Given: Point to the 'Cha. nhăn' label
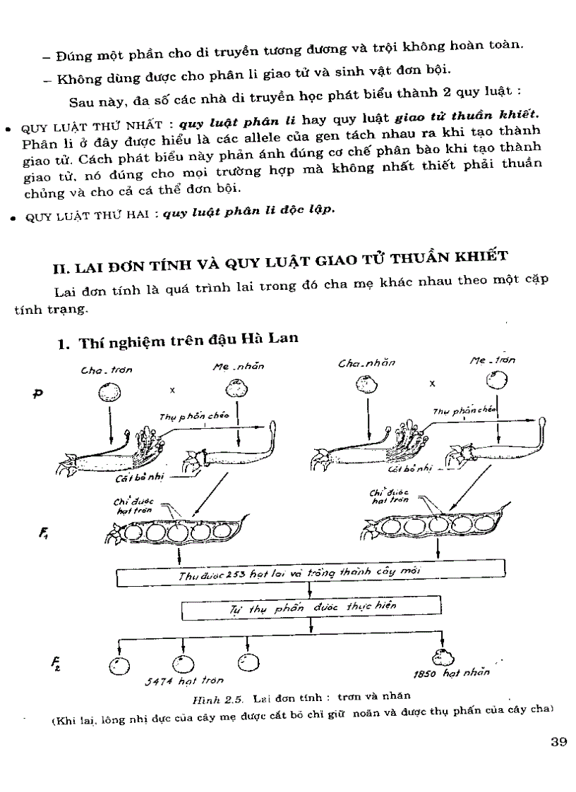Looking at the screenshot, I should coord(366,363).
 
